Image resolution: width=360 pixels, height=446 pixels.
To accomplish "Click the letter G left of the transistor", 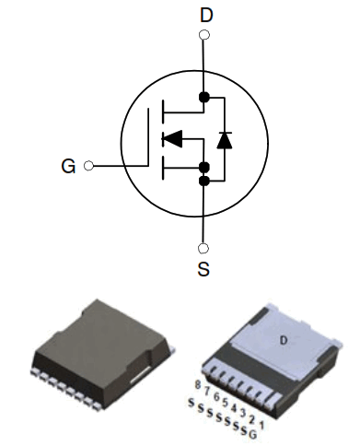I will tap(68, 167).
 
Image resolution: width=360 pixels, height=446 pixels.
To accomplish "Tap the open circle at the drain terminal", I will tap(203, 35).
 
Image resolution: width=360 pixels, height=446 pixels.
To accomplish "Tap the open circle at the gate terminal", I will tap(88, 167).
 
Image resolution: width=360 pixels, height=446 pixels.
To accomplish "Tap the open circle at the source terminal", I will tap(203, 248).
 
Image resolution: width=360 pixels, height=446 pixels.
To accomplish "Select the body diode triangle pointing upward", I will tap(224, 140).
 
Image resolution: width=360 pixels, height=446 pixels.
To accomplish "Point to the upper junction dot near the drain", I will tap(203, 97).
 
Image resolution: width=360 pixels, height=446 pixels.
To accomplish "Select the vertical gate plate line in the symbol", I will tap(149, 139).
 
